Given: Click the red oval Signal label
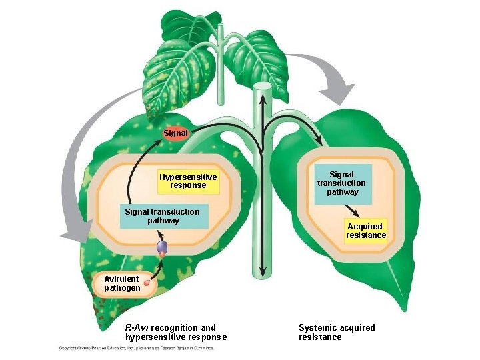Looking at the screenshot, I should coord(176,133).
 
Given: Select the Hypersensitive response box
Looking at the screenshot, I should coord(188,181).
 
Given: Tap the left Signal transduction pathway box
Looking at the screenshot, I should coord(163,216).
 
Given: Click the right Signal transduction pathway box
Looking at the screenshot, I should coord(341,183).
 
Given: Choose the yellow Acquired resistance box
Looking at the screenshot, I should coord(366,231).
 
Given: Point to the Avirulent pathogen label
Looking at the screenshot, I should coord(122,283).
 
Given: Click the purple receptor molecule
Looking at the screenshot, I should coord(161,247).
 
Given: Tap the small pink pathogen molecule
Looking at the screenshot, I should coord(146,283).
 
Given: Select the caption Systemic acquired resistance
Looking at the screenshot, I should coord(337,332).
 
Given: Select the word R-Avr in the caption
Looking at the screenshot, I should coord(139,327).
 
